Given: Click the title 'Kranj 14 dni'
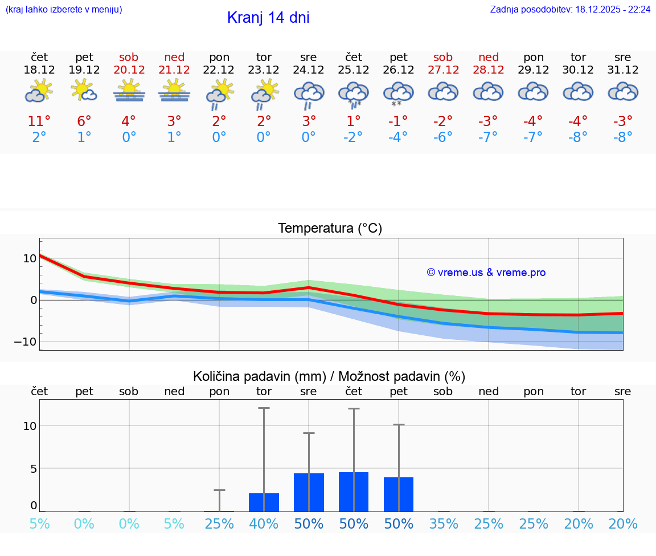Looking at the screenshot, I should (x=268, y=18).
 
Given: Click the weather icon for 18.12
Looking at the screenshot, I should (x=39, y=91).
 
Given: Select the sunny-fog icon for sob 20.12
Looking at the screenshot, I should (x=129, y=91).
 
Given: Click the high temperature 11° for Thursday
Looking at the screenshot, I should (x=39, y=121).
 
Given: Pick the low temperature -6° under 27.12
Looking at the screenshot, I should (x=443, y=137).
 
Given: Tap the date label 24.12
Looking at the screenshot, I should (x=308, y=70).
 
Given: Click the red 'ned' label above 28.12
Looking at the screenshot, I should (x=489, y=57).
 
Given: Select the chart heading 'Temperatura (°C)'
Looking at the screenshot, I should (x=330, y=228).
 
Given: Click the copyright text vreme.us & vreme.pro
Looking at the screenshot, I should (x=486, y=273).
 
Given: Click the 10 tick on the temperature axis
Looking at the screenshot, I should (x=30, y=258).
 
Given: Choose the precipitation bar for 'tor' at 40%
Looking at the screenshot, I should (x=264, y=502).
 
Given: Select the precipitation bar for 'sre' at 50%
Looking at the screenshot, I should (x=309, y=492).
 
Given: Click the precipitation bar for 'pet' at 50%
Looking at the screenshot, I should (x=399, y=494).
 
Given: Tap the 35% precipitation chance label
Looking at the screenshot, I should (x=444, y=523).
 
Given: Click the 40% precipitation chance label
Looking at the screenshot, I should (x=264, y=523).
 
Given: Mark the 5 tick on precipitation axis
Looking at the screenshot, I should (x=33, y=469).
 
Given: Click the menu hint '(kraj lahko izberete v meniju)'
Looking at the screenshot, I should (x=64, y=10).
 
